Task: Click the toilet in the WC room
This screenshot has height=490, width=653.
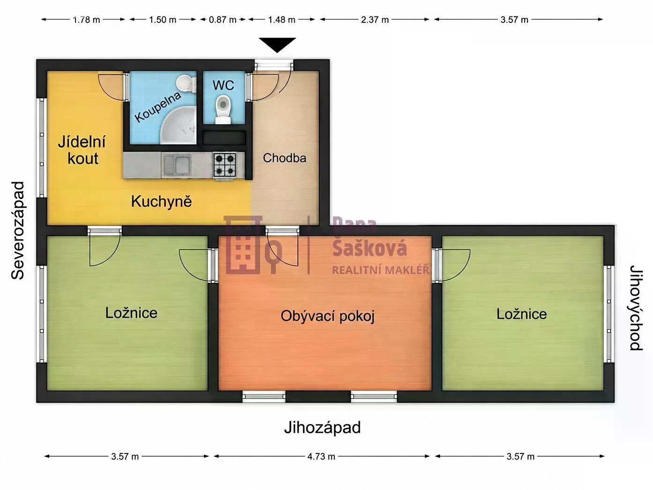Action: click(x=223, y=109)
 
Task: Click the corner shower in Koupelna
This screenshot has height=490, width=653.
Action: click(x=178, y=126)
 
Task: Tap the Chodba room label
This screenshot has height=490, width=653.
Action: click(x=284, y=158)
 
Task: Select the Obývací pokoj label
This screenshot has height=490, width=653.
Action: click(x=327, y=316)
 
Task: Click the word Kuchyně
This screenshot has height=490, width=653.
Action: click(x=162, y=202)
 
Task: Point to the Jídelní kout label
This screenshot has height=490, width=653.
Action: click(x=82, y=150)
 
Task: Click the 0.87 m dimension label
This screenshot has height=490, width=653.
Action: click(x=223, y=20)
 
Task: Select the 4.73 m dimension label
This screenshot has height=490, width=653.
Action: click(x=321, y=456)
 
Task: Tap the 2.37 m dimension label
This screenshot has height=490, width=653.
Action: click(x=375, y=20)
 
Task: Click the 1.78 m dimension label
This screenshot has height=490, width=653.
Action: click(x=86, y=20)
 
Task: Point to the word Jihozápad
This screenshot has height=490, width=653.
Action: click(x=322, y=428)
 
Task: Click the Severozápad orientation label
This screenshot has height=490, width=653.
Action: click(x=18, y=230)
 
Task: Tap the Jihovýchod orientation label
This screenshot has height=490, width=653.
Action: click(x=636, y=308)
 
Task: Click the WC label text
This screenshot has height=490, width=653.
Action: click(x=223, y=85)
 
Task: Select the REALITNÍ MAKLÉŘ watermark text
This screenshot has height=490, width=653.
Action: click(x=380, y=270)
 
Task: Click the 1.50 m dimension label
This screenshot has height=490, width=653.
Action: click(x=163, y=20)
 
